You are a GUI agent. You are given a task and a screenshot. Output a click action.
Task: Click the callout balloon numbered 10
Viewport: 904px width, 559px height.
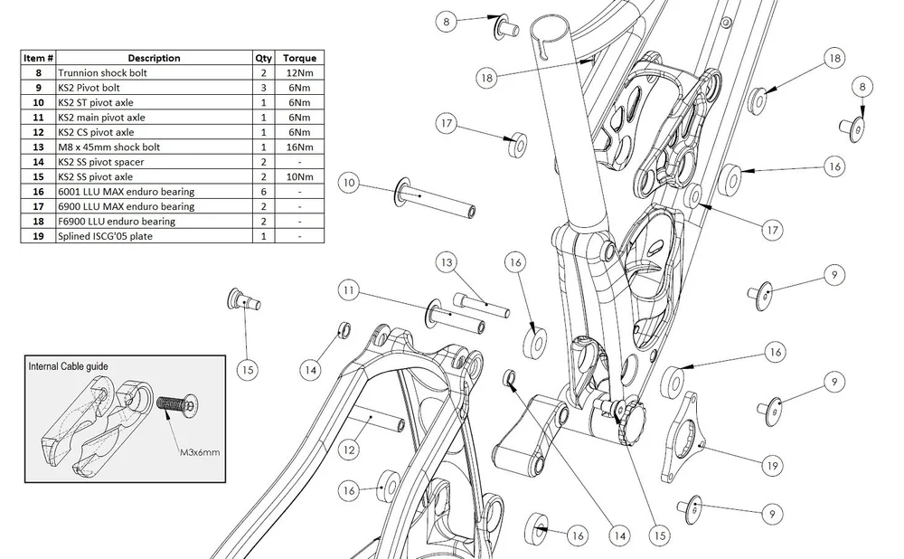[x=349, y=183]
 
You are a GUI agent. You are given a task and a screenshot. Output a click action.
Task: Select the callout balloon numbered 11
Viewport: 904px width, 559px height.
[x=348, y=289]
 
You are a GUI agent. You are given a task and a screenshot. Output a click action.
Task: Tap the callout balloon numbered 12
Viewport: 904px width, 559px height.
[x=348, y=450]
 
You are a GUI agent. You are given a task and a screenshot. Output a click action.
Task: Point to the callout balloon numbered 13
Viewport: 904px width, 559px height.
[x=447, y=262]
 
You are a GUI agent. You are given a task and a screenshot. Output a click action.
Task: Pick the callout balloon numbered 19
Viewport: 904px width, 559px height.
[x=773, y=466]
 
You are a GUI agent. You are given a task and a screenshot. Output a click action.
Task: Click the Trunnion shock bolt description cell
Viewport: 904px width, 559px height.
[x=154, y=72]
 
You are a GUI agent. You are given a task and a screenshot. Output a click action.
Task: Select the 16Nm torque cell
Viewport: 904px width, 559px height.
[x=300, y=147]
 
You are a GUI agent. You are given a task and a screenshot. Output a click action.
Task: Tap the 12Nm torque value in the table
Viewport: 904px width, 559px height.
[x=300, y=72]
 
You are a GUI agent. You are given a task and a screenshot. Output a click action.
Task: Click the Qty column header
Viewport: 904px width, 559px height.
[x=263, y=58]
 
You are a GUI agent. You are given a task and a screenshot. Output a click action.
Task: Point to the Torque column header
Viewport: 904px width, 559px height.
[x=300, y=58]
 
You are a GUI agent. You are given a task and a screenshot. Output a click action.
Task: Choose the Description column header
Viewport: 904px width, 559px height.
[x=154, y=58]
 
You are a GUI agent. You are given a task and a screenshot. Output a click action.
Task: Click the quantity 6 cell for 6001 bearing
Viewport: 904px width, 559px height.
[x=263, y=192]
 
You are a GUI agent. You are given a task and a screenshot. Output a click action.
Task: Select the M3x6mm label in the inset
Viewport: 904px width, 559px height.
[x=200, y=452]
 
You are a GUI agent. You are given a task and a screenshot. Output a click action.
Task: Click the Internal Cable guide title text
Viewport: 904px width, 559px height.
[x=68, y=366]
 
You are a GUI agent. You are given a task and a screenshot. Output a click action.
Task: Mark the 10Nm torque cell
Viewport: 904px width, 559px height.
[x=300, y=176]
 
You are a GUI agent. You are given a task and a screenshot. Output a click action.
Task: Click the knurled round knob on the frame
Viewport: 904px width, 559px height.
[x=631, y=422]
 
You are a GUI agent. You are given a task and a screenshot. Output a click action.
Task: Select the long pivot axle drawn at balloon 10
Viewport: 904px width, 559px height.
[x=435, y=199]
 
